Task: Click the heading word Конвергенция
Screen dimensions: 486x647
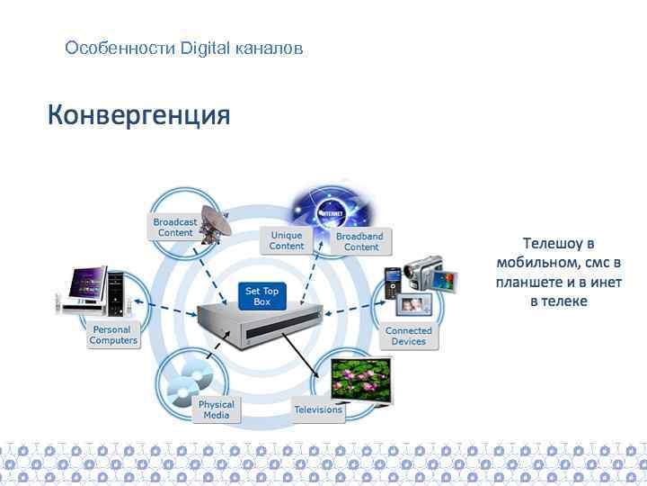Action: click(138, 116)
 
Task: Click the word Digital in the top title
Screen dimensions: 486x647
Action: click(205, 48)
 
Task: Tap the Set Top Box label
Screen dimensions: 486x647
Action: click(261, 296)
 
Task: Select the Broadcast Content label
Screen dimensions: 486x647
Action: click(174, 227)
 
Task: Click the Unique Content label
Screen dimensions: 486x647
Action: click(287, 240)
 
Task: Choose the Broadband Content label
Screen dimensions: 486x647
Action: click(359, 241)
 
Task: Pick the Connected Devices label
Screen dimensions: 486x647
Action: click(408, 336)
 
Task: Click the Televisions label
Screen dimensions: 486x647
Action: click(318, 409)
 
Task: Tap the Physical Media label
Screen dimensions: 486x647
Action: click(216, 409)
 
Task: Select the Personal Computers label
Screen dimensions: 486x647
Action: click(113, 335)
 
